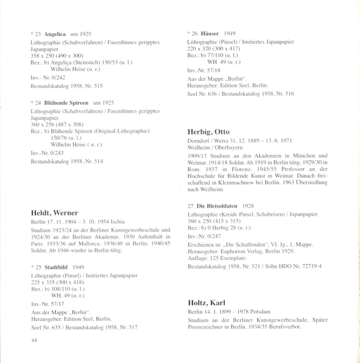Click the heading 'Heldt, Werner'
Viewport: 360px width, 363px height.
[x=54, y=213]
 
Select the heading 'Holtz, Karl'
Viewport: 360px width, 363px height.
[x=206, y=303]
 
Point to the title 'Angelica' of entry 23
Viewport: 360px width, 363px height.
[x=55, y=34]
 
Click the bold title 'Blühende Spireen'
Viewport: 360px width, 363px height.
[x=66, y=103]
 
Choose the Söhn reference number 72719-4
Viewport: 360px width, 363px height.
[x=309, y=266]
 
